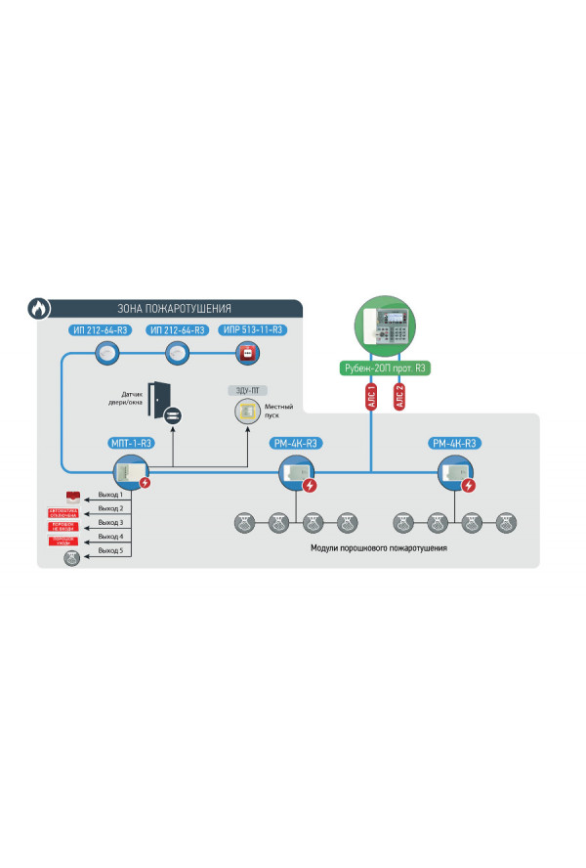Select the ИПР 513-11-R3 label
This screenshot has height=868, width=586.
point(252,330)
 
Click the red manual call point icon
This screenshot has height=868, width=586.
point(248,353)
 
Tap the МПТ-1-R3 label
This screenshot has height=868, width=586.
point(130,443)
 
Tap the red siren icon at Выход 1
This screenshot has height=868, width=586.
point(73,497)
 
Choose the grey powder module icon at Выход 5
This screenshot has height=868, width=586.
point(72,559)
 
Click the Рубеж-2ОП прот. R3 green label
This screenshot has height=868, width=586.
point(383,369)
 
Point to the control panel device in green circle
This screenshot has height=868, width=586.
point(383,327)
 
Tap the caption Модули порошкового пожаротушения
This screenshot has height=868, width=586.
point(378,549)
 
